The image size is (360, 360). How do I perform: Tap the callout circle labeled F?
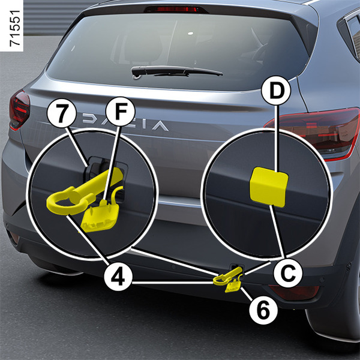pos(121,112)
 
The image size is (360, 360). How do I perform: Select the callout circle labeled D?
pos(277,91)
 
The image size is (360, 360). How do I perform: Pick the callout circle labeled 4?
pos(118,277)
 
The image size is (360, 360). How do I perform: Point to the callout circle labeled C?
pos(288,273)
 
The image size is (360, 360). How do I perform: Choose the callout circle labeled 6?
pos(263,310)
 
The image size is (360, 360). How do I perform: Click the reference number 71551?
pos(15,28)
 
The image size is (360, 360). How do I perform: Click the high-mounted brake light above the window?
pos(176,9)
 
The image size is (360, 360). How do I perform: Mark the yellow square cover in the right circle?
pos(269,187)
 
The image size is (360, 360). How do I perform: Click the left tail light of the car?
pos(19,110)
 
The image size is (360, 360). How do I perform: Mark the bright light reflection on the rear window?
pos(190,33)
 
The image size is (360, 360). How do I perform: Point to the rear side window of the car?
pos(353,34)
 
